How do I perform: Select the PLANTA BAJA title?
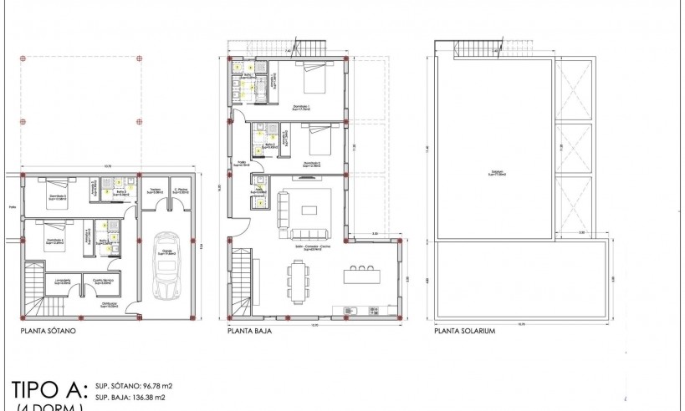coord(248,332)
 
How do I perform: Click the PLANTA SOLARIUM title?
coord(465,332)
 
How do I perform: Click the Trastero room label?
coord(155,191)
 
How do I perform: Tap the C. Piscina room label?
coord(181,191)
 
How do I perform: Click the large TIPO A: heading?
coord(48,389)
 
